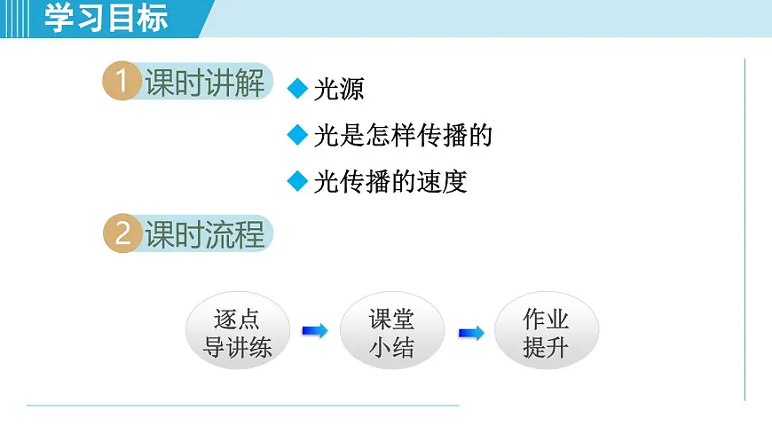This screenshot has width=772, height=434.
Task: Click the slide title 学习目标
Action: coord(106,19)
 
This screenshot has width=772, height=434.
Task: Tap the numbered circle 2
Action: coord(122,234)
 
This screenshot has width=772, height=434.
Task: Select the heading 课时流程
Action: coord(204,234)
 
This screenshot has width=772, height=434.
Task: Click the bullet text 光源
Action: coord(339,90)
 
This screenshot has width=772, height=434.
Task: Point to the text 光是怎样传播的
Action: coord(403,136)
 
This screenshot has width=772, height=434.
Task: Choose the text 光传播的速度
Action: coord(390,182)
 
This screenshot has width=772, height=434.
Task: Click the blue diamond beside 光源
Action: coord(297,89)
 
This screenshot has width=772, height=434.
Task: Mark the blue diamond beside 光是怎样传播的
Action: coord(297,135)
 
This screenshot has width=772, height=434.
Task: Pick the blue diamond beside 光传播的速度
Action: coord(297,181)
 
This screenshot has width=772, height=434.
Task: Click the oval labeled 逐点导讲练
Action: coord(238,332)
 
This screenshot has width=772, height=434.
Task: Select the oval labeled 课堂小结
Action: coord(391,332)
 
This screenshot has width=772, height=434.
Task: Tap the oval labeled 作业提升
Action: coord(546,332)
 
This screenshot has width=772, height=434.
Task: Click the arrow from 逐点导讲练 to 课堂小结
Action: coord(314,331)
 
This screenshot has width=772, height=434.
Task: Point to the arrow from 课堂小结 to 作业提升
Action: coord(470,333)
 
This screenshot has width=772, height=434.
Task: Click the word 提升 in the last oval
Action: coord(546,347)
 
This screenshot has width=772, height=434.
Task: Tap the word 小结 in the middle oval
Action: coord(391,347)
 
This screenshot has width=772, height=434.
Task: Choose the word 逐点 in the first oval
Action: coord(238,319)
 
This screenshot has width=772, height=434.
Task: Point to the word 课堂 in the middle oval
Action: coord(391,319)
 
